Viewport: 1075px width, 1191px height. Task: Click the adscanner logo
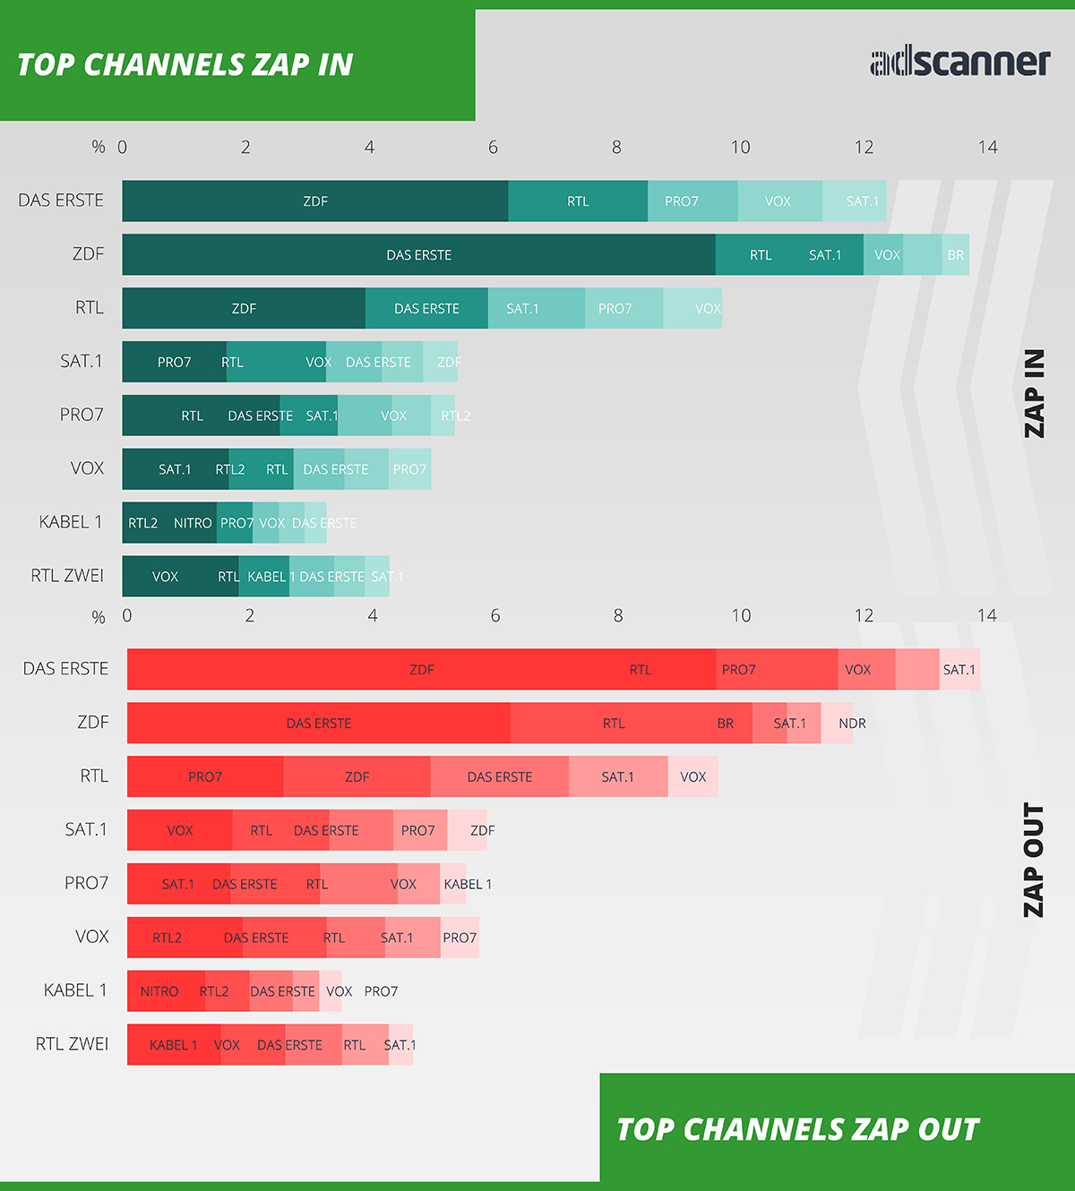coord(959,62)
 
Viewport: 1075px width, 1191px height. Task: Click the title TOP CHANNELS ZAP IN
coord(185,64)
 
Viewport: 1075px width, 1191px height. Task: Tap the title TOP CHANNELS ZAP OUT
coord(798,1129)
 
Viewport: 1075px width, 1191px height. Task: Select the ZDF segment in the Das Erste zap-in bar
coord(315,201)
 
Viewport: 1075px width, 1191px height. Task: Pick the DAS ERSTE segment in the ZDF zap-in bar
coord(418,255)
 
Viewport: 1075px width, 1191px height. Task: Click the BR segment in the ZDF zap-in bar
coord(956,255)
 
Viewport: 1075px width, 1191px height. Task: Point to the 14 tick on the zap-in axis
coord(987,147)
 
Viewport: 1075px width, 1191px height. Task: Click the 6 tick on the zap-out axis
coord(495,615)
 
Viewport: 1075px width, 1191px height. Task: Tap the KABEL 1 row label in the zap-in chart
coord(71,522)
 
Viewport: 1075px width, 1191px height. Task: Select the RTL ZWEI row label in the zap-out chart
coord(72,1043)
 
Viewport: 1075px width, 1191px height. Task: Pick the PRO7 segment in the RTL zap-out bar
coord(205,777)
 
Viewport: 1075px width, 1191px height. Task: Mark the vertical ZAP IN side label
coord(1035,393)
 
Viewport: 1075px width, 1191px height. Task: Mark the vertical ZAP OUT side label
coord(1035,860)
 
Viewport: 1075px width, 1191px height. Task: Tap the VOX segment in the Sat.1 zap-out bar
coord(180,831)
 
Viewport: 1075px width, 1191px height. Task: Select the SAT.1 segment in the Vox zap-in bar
coord(175,469)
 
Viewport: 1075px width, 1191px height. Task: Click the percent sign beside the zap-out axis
coord(99,617)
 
